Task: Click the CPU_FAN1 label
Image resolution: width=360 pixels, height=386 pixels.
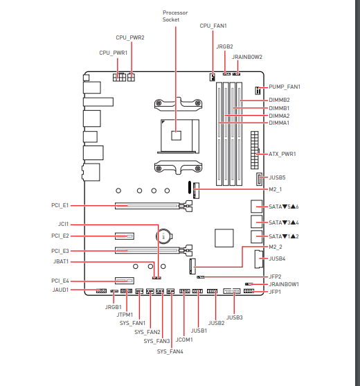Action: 213,26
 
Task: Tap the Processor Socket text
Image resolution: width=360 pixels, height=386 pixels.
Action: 175,16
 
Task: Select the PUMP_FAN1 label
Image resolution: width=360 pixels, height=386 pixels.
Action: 285,87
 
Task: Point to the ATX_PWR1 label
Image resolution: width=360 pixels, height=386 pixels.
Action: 282,154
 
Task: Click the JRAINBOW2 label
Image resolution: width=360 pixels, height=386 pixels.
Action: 247,57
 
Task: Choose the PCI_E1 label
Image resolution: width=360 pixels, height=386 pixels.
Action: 60,205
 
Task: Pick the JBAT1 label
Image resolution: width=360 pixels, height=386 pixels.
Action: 61,261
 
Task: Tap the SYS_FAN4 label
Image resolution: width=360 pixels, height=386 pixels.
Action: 170,351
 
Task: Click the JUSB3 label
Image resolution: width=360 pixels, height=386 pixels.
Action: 235,317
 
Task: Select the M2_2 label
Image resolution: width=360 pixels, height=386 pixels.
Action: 276,247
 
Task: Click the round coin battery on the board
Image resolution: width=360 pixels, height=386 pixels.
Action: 164,236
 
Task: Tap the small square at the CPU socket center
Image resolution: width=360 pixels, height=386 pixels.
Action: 176,135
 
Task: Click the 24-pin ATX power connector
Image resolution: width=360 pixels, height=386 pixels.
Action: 255,150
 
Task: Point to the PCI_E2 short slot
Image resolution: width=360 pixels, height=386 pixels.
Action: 125,236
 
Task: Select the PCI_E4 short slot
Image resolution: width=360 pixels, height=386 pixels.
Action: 125,281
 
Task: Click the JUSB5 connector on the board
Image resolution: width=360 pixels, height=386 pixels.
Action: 259,179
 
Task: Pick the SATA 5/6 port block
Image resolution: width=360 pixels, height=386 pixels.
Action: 257,207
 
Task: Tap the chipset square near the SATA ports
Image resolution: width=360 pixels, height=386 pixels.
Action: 224,238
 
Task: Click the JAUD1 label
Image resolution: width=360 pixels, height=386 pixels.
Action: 60,290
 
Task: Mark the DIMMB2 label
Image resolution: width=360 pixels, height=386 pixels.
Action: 279,100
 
